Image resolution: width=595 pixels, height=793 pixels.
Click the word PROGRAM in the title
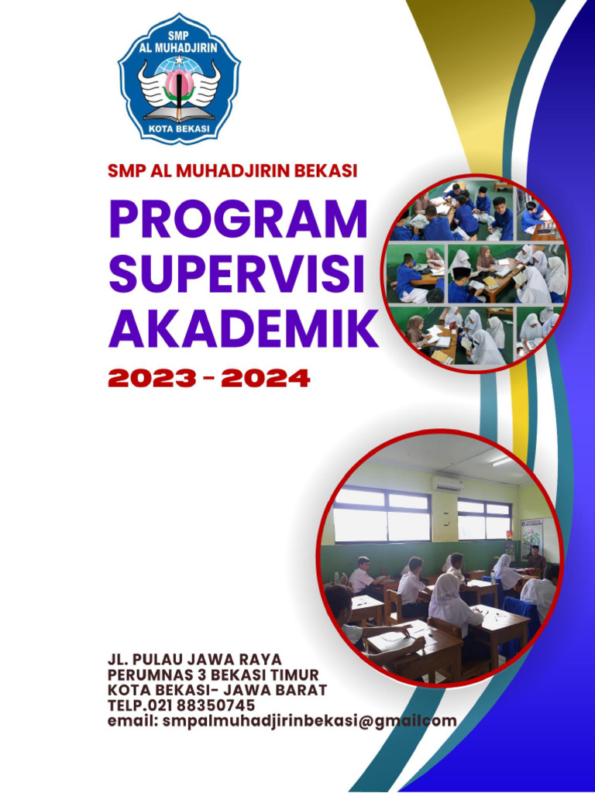238,219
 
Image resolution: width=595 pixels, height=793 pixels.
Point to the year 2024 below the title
265,379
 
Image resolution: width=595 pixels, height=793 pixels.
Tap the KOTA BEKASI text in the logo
179,128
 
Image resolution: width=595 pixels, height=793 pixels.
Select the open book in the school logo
179,114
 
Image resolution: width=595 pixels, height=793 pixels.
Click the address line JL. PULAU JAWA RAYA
194,661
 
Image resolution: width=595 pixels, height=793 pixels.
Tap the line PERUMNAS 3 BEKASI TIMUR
213,675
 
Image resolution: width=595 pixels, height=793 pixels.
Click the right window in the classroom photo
484,519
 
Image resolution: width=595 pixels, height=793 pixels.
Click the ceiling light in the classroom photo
502,461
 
